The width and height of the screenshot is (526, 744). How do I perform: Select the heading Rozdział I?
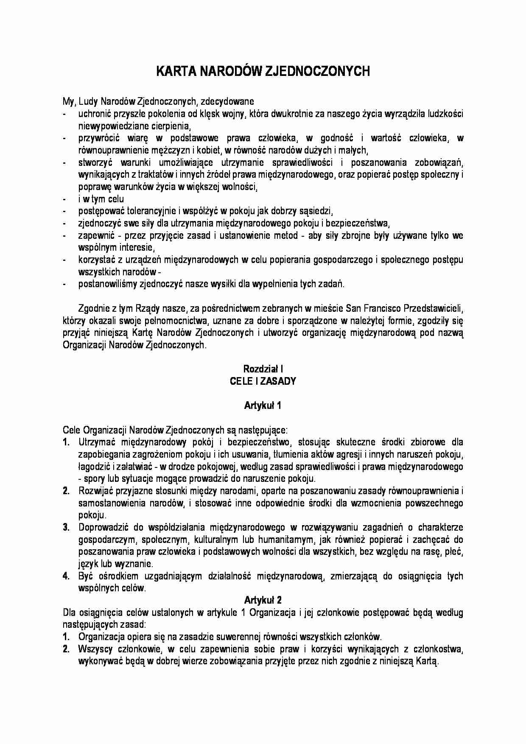pyautogui.click(x=263, y=369)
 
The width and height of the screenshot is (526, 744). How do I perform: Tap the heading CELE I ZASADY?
pyautogui.click(x=263, y=381)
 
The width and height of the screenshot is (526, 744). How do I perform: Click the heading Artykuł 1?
pyautogui.click(x=263, y=406)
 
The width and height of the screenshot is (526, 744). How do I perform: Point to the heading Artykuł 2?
pyautogui.click(x=263, y=600)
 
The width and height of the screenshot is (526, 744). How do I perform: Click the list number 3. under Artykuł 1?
pyautogui.click(x=66, y=528)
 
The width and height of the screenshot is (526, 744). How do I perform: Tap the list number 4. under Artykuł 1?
pyautogui.click(x=66, y=576)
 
